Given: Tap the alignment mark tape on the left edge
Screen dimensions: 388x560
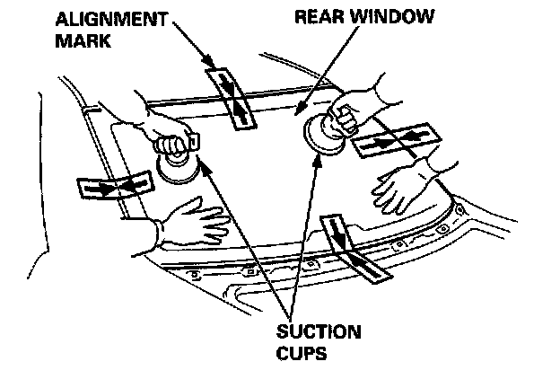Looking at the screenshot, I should [x=112, y=186].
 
